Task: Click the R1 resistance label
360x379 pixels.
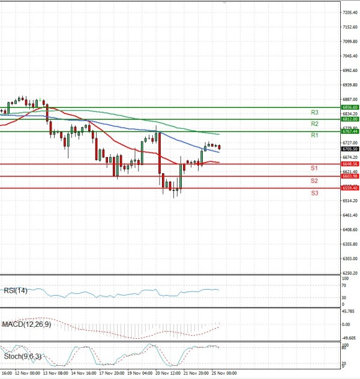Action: [x=314, y=136]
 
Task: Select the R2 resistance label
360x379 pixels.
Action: [x=314, y=124]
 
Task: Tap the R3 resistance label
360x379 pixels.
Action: [x=314, y=112]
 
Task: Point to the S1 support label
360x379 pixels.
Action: [x=314, y=169]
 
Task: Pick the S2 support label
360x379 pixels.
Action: [x=314, y=181]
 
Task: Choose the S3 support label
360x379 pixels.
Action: [x=314, y=192]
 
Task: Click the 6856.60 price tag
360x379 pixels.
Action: [x=350, y=107]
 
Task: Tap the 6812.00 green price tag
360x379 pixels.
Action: [x=350, y=119]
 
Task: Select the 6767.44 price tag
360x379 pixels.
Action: [x=350, y=131]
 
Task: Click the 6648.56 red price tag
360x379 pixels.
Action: [x=350, y=164]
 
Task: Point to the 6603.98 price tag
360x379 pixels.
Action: [x=350, y=176]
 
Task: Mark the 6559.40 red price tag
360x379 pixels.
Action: [x=350, y=188]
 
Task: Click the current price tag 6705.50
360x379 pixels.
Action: [x=350, y=149]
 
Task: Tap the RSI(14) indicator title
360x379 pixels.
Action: [x=16, y=291]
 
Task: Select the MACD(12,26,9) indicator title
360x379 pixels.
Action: [x=25, y=324]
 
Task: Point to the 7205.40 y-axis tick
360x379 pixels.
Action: [x=350, y=12]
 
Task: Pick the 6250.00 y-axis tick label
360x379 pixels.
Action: [x=350, y=273]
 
